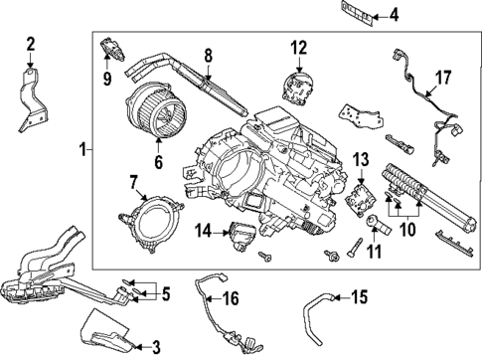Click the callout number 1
[83, 150]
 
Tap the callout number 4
[394, 14]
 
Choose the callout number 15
[360, 295]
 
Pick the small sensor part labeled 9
[111, 47]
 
